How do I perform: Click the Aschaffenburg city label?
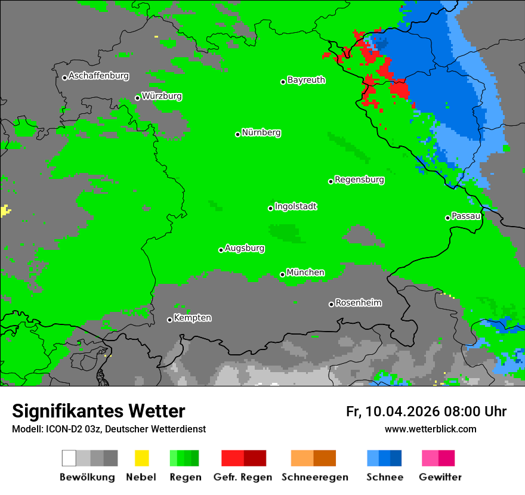98,76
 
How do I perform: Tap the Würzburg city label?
162,97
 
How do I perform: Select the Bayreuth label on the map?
306,81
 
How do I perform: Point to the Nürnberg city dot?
237,134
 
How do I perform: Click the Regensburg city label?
359,180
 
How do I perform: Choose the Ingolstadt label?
295,207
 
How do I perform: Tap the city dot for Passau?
447,218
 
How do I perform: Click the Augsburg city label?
245,249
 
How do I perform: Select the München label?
305,273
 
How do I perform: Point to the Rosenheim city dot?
331,304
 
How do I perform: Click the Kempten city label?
192,318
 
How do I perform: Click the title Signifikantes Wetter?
98,412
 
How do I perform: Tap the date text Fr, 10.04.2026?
393,412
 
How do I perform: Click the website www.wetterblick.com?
430,429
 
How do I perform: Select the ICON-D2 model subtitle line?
109,429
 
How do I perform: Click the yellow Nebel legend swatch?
141,458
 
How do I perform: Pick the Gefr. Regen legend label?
243,477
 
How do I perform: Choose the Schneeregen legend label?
315,477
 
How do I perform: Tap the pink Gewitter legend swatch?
430,458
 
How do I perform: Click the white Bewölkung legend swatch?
69,458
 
